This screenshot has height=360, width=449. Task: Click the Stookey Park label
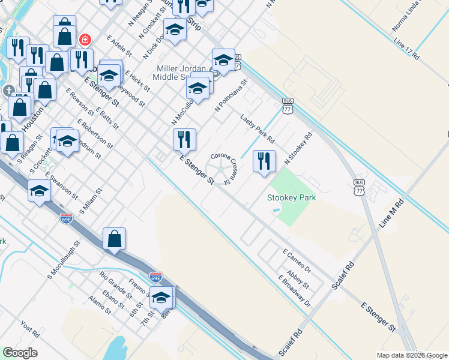click(x=291, y=197)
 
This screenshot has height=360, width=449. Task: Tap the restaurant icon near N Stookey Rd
click(x=264, y=161)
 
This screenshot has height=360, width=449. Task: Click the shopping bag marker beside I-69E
click(x=114, y=239)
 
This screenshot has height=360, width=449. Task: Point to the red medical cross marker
click(x=85, y=40)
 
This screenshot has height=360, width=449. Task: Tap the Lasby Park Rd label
click(x=258, y=128)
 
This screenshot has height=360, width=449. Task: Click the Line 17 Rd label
click(x=406, y=49)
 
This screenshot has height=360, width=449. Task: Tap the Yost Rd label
click(x=29, y=329)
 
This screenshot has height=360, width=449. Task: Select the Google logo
click(x=20, y=353)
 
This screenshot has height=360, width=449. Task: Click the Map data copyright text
click(x=411, y=355)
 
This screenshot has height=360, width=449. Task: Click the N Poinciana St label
click(x=231, y=95)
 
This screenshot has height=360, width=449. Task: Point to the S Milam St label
click(x=91, y=201)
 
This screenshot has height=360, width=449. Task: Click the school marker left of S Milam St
click(x=39, y=191)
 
